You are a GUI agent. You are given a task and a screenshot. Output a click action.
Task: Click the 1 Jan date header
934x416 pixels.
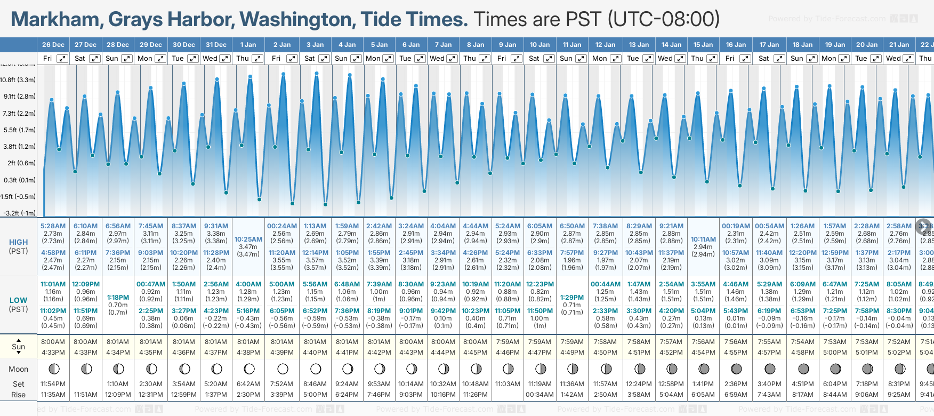tap(248, 45)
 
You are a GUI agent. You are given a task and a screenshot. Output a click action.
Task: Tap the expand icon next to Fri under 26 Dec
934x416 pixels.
tap(62, 59)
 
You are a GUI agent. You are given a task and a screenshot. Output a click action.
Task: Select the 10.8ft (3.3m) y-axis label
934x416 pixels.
tap(18, 80)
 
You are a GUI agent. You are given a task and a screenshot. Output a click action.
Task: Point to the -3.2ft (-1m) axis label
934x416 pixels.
tap(19, 213)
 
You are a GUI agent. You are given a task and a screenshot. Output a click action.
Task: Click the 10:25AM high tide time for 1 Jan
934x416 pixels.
tap(248, 239)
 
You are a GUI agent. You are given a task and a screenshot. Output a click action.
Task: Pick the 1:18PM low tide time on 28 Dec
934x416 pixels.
tap(118, 298)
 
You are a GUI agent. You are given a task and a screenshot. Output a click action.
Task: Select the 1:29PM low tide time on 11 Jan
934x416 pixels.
tap(572, 298)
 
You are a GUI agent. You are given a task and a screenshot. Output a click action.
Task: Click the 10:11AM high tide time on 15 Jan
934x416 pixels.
tap(703, 239)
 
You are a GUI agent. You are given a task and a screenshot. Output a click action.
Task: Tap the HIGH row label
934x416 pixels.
tap(19, 242)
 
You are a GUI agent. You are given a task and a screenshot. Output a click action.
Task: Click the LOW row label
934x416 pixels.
tap(19, 300)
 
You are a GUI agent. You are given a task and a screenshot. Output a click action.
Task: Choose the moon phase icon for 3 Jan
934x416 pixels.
tap(316, 369)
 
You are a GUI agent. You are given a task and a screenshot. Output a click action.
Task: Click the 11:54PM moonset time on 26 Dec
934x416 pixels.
tap(53, 384)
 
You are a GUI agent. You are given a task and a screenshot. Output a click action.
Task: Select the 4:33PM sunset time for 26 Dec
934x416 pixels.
tap(53, 353)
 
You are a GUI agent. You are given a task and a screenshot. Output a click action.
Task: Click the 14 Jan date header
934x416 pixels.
tap(671, 45)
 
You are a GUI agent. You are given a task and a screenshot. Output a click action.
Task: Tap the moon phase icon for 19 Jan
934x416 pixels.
tap(835, 369)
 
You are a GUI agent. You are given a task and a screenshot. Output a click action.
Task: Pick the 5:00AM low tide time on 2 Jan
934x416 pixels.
tap(281, 284)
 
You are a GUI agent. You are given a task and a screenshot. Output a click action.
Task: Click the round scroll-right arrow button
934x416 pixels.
tap(923, 226)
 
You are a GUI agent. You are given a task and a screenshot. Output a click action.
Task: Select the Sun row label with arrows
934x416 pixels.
tap(19, 346)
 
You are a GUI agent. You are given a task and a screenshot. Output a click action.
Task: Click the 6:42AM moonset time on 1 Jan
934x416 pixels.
tap(248, 384)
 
